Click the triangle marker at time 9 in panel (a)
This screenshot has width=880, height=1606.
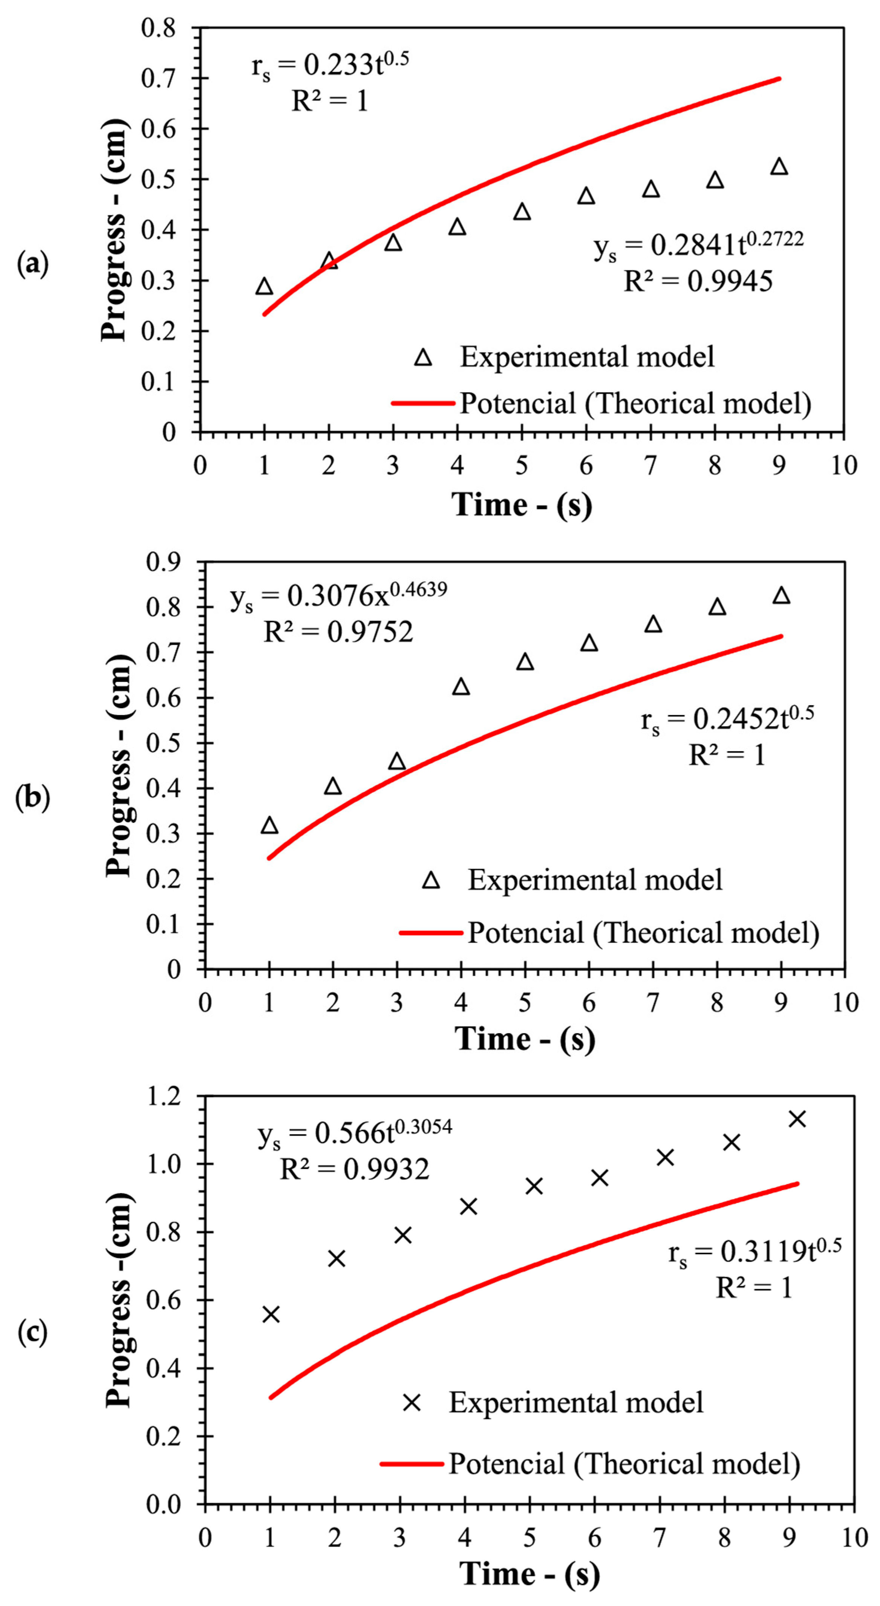(779, 166)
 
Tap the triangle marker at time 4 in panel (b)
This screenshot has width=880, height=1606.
(461, 686)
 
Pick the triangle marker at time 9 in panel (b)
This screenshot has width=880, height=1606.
(781, 595)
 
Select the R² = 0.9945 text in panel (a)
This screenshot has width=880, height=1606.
(698, 281)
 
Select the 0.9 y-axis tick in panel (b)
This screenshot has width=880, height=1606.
(163, 562)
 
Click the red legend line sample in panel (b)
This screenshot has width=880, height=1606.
(431, 933)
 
